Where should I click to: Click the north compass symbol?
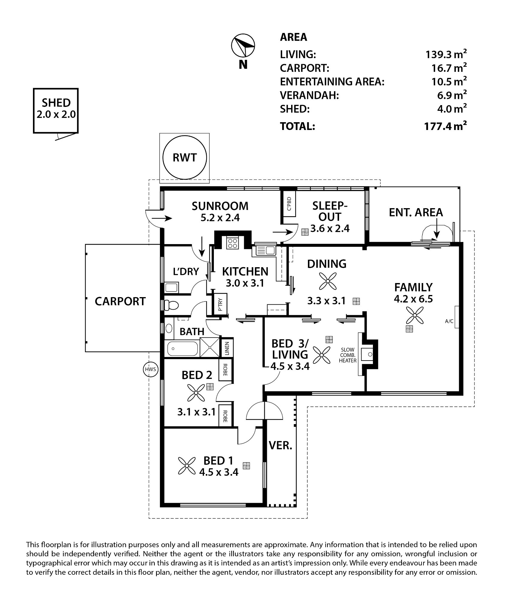pyautogui.click(x=243, y=46)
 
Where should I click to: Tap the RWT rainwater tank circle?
pyautogui.click(x=185, y=158)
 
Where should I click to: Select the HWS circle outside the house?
pyautogui.click(x=150, y=369)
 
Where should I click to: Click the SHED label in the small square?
pyautogui.click(x=56, y=103)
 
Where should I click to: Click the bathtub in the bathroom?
pyautogui.click(x=182, y=348)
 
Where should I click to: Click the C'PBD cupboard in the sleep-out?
pyautogui.click(x=289, y=204)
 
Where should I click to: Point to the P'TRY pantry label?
pyautogui.click(x=220, y=304)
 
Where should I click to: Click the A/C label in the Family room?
pyautogui.click(x=449, y=321)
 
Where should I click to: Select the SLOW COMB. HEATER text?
pyautogui.click(x=348, y=355)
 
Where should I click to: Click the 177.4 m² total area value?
pyautogui.click(x=446, y=126)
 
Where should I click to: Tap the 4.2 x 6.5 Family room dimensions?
pyautogui.click(x=413, y=299)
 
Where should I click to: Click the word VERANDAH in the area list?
pyautogui.click(x=309, y=96)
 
